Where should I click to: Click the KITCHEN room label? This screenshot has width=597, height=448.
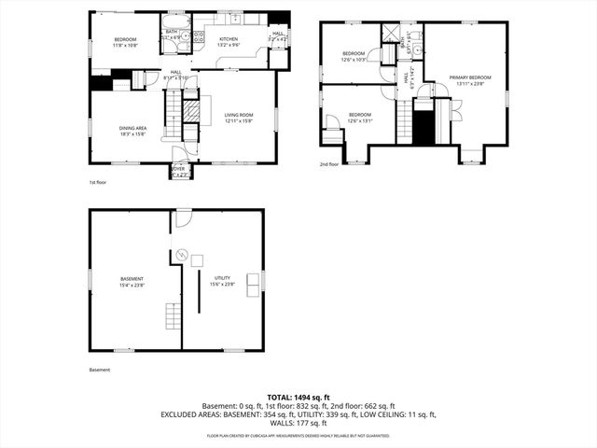pos(228,39)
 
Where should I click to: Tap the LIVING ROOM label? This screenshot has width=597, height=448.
pos(239,115)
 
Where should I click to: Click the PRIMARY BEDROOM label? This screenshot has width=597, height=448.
pos(469,77)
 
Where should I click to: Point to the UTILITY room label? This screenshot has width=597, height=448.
pos(221,279)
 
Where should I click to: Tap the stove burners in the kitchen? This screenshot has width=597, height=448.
pos(199,37)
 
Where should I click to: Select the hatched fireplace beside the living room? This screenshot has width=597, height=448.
pos(190,111)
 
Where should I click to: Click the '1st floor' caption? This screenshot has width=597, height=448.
pos(99,182)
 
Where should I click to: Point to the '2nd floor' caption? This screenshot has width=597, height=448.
pos(329,163)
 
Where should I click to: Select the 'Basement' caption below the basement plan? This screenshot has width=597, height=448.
pos(100,370)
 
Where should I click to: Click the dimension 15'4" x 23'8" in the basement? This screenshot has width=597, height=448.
pos(132,285)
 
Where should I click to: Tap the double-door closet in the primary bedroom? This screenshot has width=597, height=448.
pos(454,111)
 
